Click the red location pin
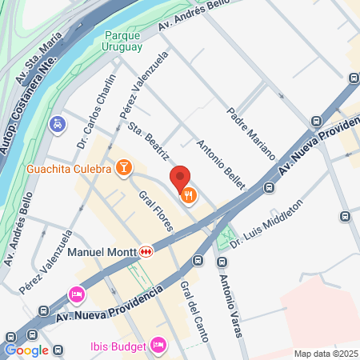(179, 178)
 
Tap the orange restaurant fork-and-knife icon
(189, 194)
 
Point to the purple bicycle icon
(57, 124)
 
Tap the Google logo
(26, 350)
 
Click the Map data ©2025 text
(325, 354)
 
